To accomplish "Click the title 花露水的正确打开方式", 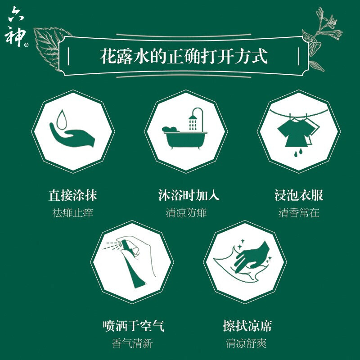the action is pos(184,56).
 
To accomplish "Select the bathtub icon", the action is pos(185,137).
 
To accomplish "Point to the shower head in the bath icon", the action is pos(193,117).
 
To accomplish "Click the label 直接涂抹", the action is pos(73,195).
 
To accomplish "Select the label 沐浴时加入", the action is pos(189,195).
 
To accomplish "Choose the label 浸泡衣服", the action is pos(299,195).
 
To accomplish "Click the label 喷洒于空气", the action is pos(133,326).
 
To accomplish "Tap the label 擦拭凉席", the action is pos(247,326).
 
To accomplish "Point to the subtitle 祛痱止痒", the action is pos(72,213).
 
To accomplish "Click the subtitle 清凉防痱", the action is pos(186,213).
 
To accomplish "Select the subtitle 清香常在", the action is pos(299,213).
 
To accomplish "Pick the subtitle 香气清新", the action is pos(132,343).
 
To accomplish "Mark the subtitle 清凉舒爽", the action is pos(246,343).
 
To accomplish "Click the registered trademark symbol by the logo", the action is pos(26,45).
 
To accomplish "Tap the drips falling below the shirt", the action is pos(298,153).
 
